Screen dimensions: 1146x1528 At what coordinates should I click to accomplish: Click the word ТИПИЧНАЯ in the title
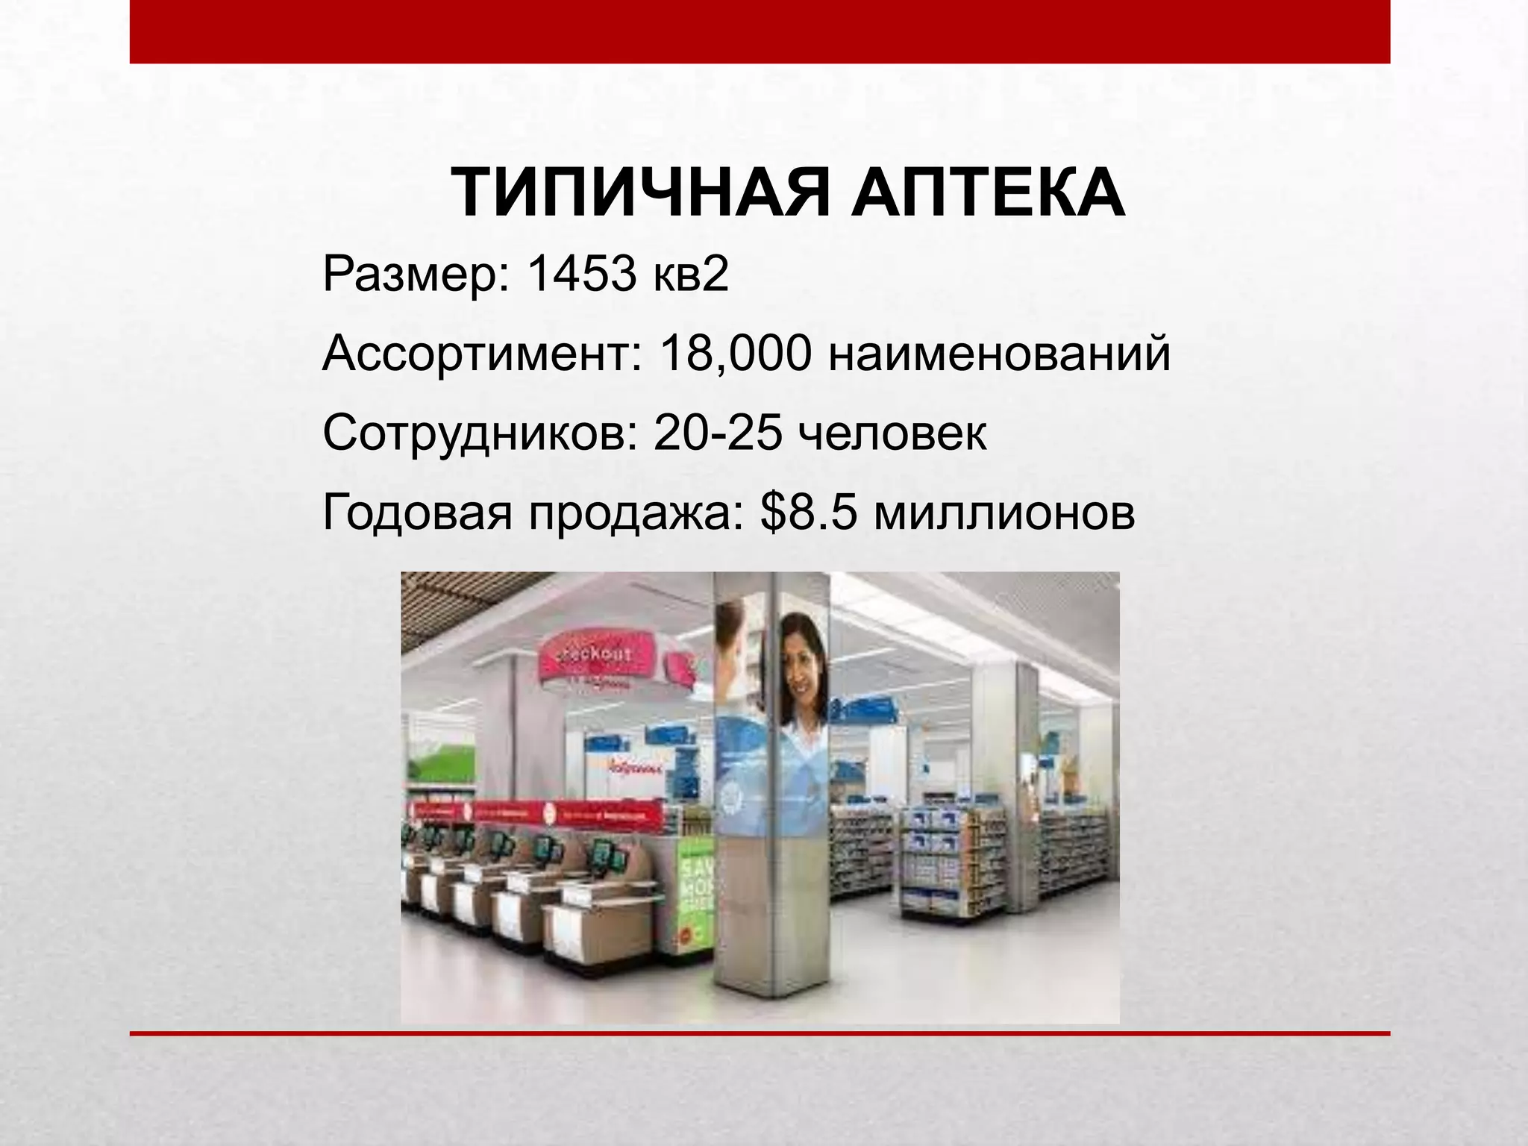point(640,194)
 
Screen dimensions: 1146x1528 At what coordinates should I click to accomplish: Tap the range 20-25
point(718,433)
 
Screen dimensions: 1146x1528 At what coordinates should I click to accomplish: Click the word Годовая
point(417,513)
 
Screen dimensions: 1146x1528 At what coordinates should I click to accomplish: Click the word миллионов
point(1003,513)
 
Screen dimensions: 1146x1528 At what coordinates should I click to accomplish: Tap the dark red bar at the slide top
point(760,31)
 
